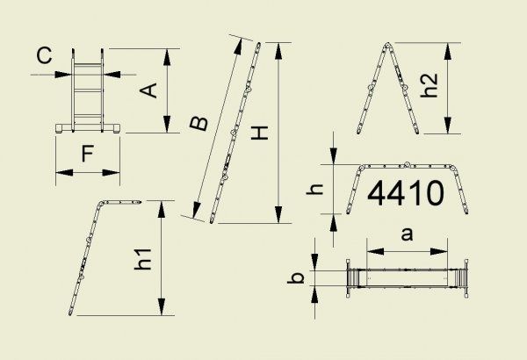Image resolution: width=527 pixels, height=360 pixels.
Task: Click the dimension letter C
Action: (x=45, y=56)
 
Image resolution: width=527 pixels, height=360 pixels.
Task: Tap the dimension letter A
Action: (x=148, y=90)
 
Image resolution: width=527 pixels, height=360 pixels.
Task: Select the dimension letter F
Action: (x=87, y=154)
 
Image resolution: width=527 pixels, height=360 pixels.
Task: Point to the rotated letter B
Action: (x=199, y=123)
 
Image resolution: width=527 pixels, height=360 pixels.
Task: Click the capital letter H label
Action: (x=260, y=133)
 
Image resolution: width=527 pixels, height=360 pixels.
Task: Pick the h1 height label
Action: (x=143, y=259)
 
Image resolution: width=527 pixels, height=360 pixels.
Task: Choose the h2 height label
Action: (x=430, y=85)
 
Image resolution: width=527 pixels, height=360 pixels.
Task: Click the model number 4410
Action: (x=406, y=193)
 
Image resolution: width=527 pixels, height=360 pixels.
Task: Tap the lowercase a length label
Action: (x=407, y=234)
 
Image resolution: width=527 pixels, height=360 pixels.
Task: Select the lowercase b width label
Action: (x=296, y=277)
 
